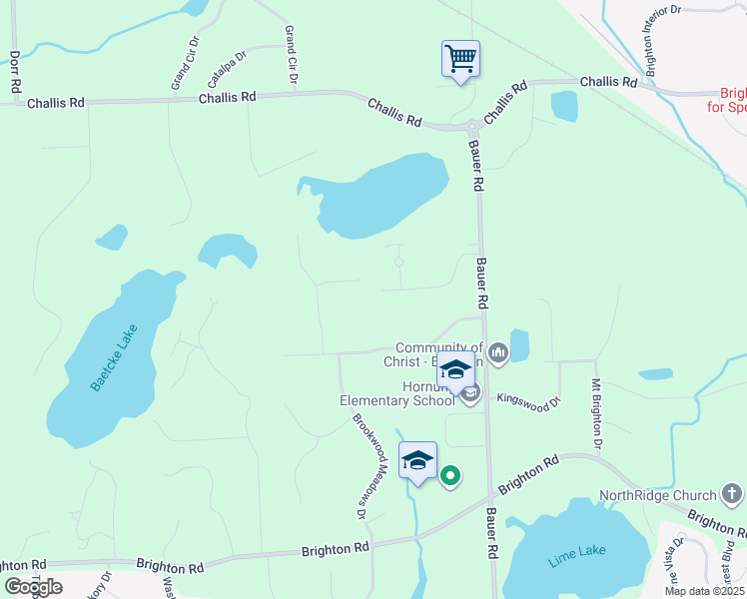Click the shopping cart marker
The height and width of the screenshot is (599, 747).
[x=460, y=59]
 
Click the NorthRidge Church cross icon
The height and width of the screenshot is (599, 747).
[x=731, y=494]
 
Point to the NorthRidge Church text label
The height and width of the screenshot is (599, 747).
[x=657, y=495]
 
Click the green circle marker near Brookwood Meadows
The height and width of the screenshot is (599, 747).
[x=450, y=476]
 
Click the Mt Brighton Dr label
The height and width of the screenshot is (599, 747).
[x=597, y=412]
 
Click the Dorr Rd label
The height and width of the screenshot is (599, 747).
[x=14, y=72]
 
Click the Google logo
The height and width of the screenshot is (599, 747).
[x=33, y=587]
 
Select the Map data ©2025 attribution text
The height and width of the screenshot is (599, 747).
[x=703, y=590]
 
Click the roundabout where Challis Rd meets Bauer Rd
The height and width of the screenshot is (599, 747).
[x=471, y=127]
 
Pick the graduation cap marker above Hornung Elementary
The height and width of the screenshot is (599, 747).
[x=456, y=370]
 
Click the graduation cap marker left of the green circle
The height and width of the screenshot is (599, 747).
[x=417, y=460]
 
